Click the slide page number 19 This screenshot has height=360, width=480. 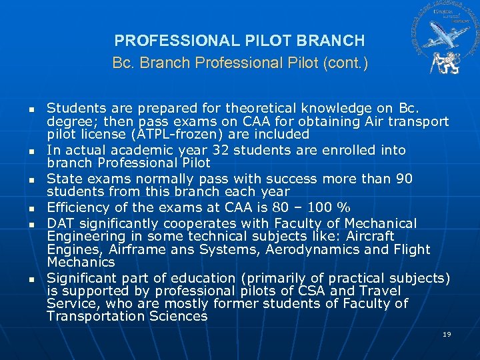point(447,334)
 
